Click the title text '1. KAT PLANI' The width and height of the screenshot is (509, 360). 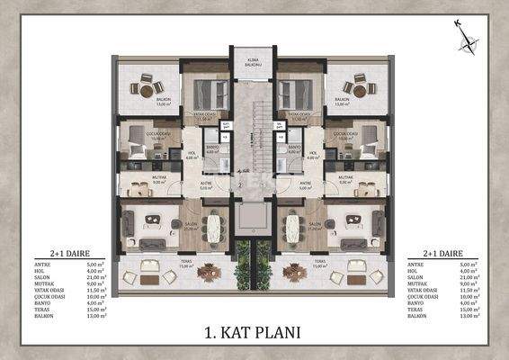pyautogui.click(x=254, y=331)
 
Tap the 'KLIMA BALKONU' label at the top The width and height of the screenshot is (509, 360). pyautogui.click(x=254, y=64)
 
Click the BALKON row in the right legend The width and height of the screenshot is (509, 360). pyautogui.click(x=428, y=317)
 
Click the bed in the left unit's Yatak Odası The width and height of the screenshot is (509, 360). pyautogui.click(x=210, y=93)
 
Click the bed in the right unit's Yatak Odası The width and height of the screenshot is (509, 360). pyautogui.click(x=296, y=93)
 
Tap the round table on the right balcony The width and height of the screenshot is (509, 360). pyautogui.click(x=361, y=88)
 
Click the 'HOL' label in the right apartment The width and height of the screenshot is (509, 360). pyautogui.click(x=313, y=153)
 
